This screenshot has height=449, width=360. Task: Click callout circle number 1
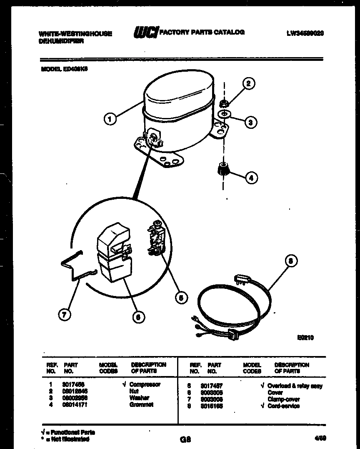pyautogui.click(x=110, y=119)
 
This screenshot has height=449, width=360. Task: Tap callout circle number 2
pyautogui.click(x=248, y=83)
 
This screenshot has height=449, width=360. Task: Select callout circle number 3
pyautogui.click(x=250, y=122)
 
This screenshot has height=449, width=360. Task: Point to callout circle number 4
pyautogui.click(x=251, y=178)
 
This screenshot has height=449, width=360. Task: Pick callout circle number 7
pyautogui.click(x=64, y=315)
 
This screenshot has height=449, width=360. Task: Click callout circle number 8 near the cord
pyautogui.click(x=291, y=261)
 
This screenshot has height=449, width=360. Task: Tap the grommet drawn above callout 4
pyautogui.click(x=224, y=170)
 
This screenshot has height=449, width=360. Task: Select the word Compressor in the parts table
pyautogui.click(x=145, y=384)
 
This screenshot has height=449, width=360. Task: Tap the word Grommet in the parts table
pyautogui.click(x=141, y=404)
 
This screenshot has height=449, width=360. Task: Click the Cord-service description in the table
pyautogui.click(x=283, y=406)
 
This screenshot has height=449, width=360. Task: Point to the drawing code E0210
pyautogui.click(x=305, y=338)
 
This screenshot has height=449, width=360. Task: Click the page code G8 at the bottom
pyautogui.click(x=185, y=439)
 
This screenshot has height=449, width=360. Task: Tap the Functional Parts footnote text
pyautogui.click(x=68, y=432)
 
